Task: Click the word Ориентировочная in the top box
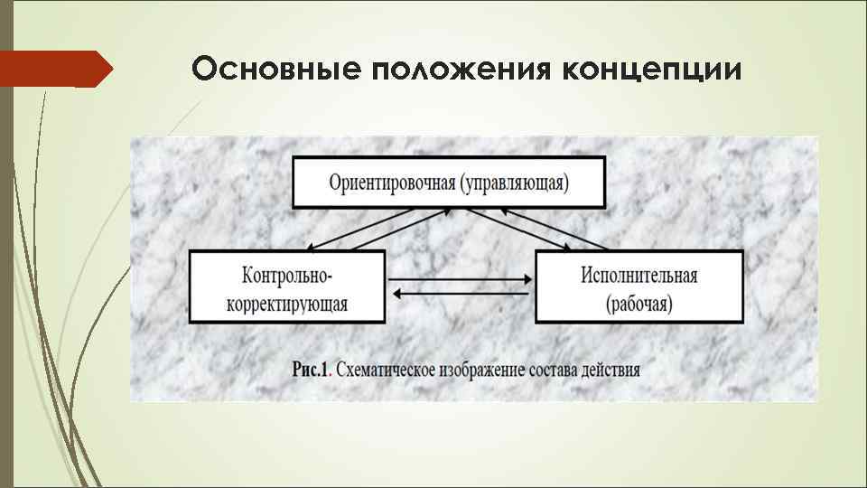tap(392, 183)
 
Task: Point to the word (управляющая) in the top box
tap(515, 183)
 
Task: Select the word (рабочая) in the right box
tap(639, 303)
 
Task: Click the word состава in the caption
tap(557, 370)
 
